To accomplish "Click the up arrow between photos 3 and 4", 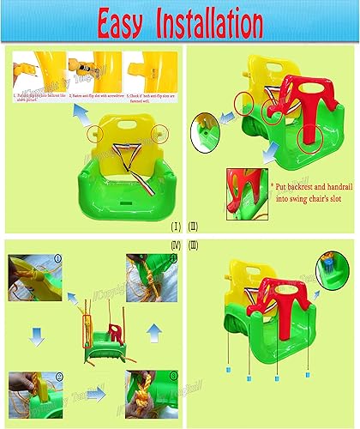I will click(153, 331).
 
